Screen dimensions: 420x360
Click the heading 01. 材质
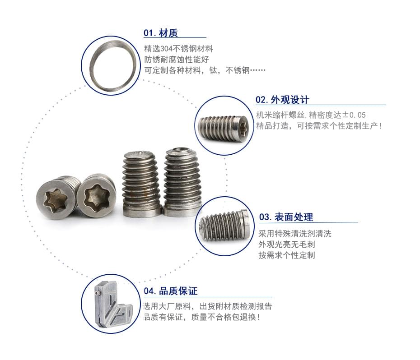click(x=160, y=33)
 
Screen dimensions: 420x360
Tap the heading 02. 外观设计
click(x=282, y=100)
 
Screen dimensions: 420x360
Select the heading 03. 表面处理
click(x=286, y=217)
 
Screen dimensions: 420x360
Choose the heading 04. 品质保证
click(x=170, y=291)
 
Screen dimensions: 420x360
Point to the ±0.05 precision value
click(x=354, y=115)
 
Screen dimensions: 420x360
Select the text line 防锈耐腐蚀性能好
click(x=177, y=60)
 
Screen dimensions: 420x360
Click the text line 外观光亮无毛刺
click(x=287, y=245)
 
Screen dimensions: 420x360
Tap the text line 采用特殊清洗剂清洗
click(x=295, y=234)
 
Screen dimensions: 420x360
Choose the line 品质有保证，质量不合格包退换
click(x=202, y=317)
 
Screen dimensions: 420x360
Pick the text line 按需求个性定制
click(x=287, y=255)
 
